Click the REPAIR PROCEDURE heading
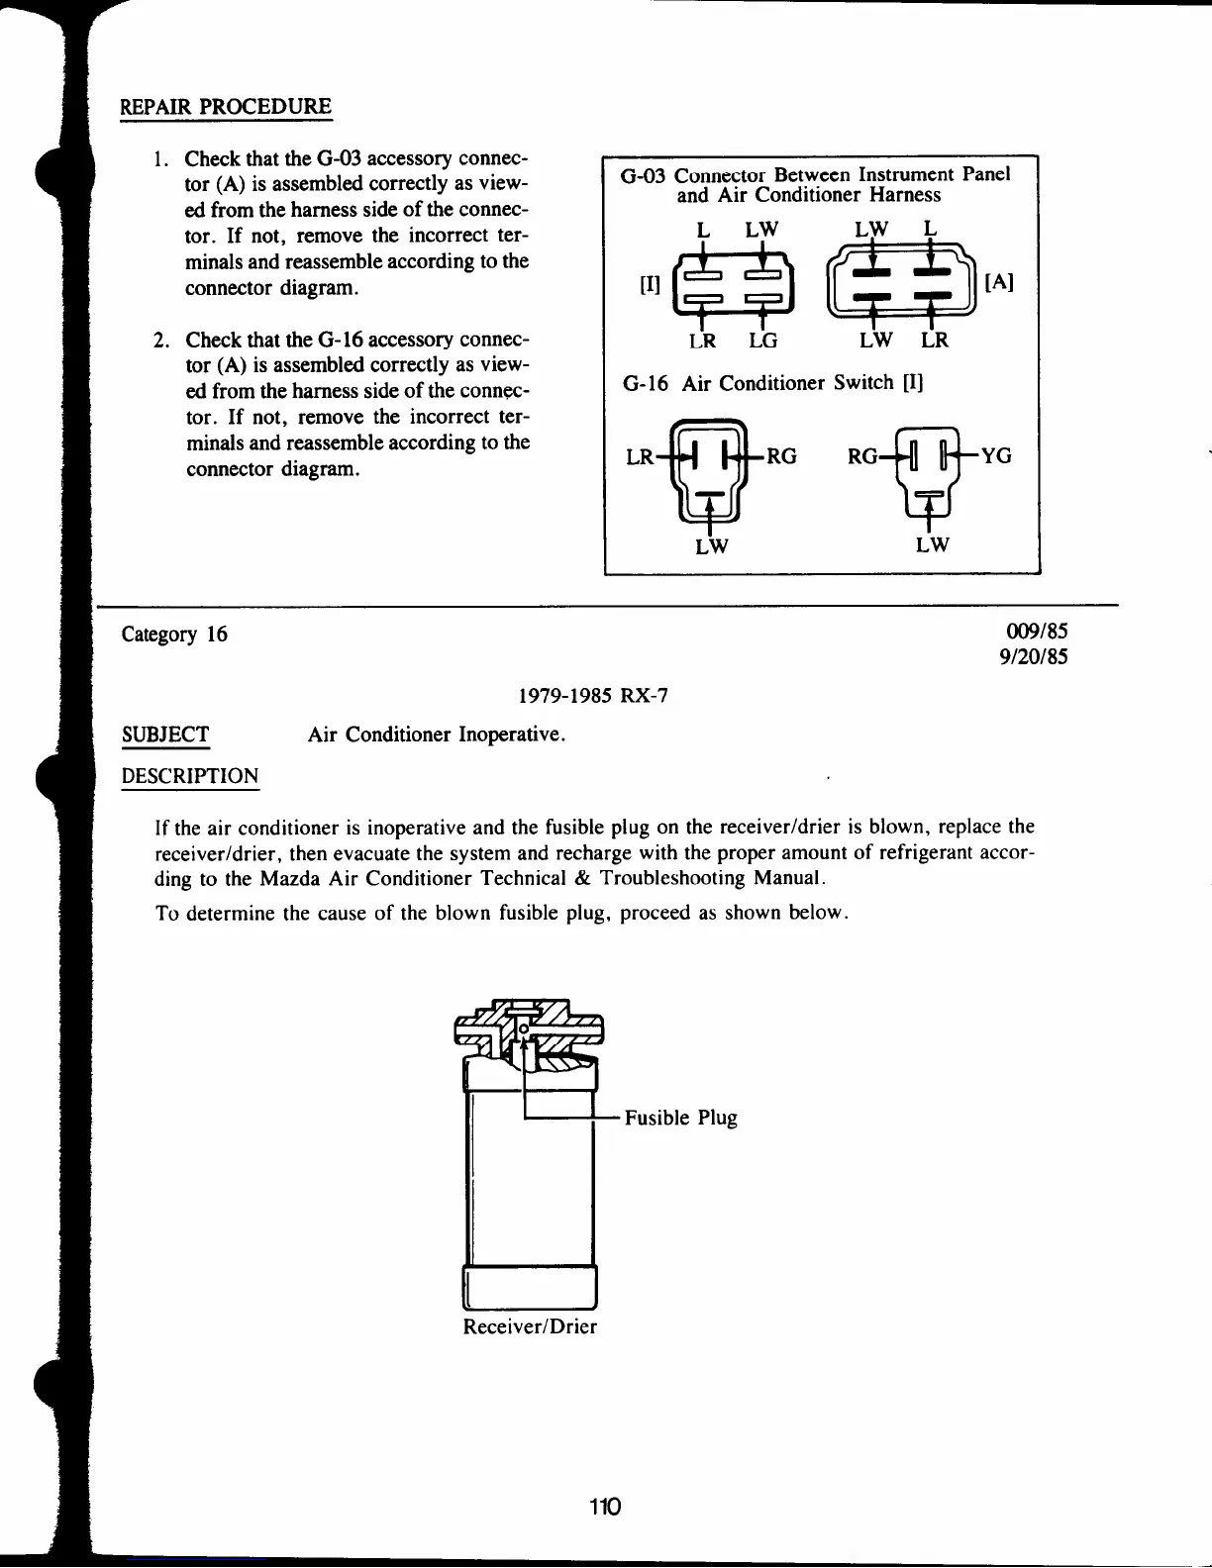(226, 107)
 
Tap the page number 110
(603, 1507)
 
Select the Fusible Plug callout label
(680, 1118)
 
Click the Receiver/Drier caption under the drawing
(530, 1326)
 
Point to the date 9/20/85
(1035, 657)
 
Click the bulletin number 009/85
(1037, 633)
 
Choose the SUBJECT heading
(165, 735)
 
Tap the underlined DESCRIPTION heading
(190, 776)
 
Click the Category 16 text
(174, 635)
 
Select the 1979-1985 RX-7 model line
(593, 696)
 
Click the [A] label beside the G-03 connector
(999, 282)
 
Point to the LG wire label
(762, 341)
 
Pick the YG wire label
(996, 455)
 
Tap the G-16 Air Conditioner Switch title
(772, 383)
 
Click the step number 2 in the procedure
(161, 342)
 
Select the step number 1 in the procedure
(161, 159)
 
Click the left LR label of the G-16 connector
(641, 457)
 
